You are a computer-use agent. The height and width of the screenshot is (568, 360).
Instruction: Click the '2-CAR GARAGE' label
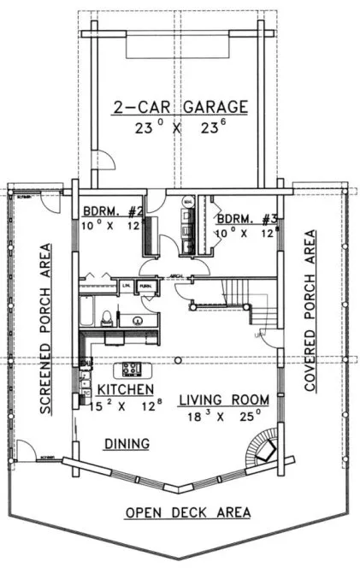click(180, 107)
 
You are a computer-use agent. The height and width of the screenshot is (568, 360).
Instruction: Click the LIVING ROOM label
click(225, 399)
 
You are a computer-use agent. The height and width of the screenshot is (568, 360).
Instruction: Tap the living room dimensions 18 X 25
click(225, 417)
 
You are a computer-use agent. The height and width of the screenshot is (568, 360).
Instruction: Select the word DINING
click(127, 443)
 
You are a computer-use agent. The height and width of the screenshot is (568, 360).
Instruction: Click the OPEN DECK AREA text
click(188, 512)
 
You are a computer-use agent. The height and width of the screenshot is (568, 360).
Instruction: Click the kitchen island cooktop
click(133, 370)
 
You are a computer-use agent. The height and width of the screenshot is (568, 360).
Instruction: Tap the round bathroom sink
click(137, 322)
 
